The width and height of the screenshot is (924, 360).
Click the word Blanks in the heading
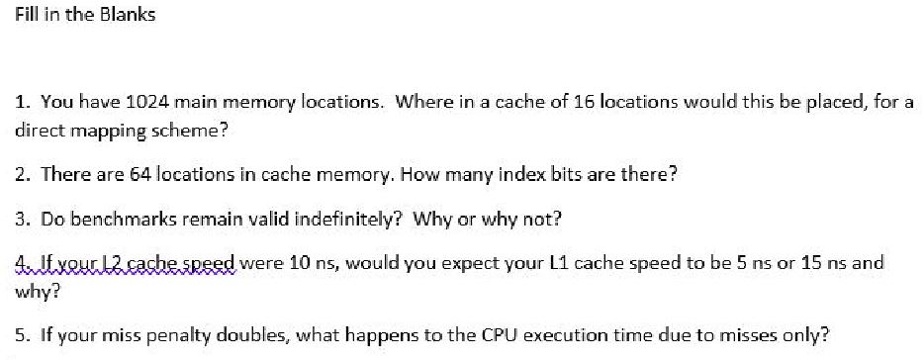(129, 16)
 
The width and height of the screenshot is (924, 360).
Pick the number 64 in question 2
(139, 174)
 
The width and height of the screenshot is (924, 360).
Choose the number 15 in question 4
(787, 264)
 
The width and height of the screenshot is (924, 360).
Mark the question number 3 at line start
(21, 219)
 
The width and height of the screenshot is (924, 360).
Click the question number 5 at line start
(21, 336)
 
